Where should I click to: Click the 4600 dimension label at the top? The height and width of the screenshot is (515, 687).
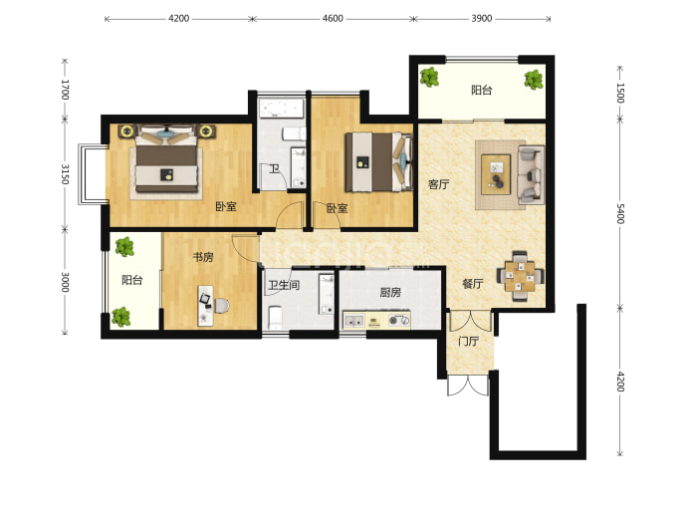[333, 18]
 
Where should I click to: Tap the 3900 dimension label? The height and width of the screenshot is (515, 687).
[482, 18]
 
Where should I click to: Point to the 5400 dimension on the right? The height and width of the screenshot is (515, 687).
[620, 213]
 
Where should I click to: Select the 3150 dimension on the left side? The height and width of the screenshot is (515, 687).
[65, 174]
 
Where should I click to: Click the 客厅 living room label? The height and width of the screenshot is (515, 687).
[438, 184]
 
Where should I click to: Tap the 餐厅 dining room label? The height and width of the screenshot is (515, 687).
[473, 284]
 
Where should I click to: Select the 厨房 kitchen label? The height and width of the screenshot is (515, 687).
[390, 292]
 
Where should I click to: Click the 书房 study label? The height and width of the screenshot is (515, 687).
[203, 257]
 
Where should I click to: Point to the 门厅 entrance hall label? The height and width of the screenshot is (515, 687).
[468, 341]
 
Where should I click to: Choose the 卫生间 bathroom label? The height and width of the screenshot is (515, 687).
[284, 285]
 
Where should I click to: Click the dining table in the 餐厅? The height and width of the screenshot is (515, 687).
[520, 275]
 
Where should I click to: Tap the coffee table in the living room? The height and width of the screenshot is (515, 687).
[496, 174]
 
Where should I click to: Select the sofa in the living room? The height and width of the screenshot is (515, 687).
[531, 175]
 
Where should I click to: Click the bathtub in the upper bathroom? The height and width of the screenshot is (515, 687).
[282, 109]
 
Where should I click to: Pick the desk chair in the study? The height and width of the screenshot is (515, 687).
[221, 306]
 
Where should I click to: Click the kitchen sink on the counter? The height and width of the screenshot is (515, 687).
[354, 322]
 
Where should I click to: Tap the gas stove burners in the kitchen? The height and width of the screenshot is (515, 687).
[398, 321]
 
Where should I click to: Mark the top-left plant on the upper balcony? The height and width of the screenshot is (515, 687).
[429, 77]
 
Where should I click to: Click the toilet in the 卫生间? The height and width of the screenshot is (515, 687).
[275, 317]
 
